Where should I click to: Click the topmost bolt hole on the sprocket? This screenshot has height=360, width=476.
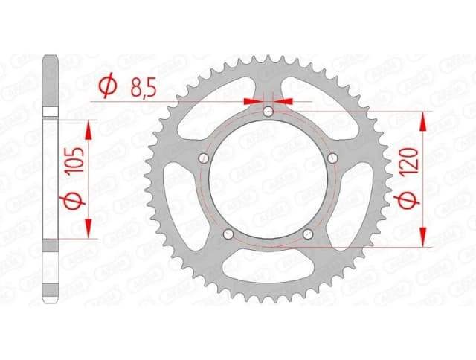pyautogui.click(x=268, y=112)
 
